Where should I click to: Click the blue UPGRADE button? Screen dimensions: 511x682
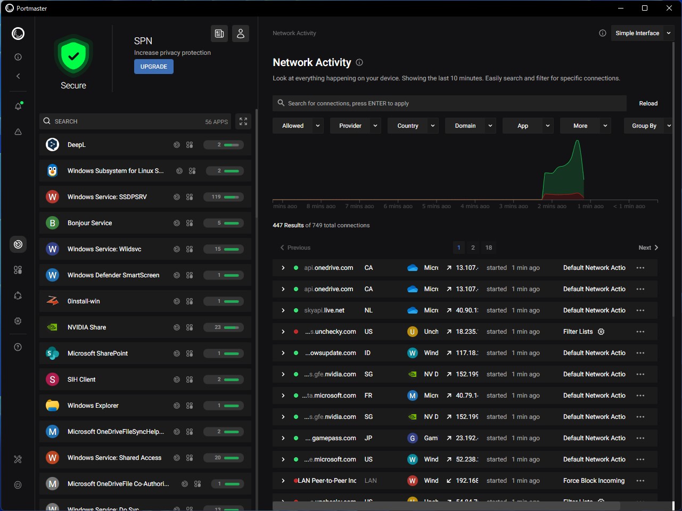coord(153,67)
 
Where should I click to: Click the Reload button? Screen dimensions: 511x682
coord(648,103)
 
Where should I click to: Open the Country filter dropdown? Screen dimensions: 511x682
coord(415,126)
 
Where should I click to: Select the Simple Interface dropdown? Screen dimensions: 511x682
coord(642,33)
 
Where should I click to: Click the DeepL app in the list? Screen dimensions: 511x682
coord(77,145)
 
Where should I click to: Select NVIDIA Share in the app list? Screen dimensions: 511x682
coord(87,327)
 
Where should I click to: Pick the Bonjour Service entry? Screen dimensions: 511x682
coord(89,223)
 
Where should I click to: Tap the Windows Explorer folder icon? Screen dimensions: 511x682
coord(52,406)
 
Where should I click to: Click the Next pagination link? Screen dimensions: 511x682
coord(648,248)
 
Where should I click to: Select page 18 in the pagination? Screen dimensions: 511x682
coord(489,248)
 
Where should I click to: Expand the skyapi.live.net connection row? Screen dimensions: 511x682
coord(283,310)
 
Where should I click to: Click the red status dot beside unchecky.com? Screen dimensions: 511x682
coord(296,332)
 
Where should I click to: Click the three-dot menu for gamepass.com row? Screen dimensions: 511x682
coord(640,438)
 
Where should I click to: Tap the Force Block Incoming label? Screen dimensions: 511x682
coord(594,481)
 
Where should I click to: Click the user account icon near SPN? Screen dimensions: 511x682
coord(241,34)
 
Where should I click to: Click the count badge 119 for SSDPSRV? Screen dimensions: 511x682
coord(216,197)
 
